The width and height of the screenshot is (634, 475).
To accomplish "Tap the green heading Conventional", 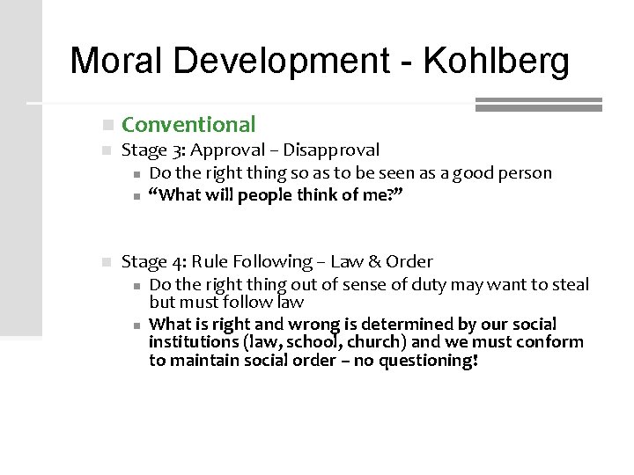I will pyautogui.click(x=188, y=125).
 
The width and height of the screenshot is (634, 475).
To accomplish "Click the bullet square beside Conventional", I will pyautogui.click(x=106, y=126).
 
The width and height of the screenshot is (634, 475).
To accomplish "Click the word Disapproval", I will pyautogui.click(x=332, y=150).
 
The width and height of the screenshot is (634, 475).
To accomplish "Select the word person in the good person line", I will pyautogui.click(x=525, y=173).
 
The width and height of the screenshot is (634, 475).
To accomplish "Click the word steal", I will pyautogui.click(x=571, y=284).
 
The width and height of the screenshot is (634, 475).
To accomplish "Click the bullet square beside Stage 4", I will pyautogui.click(x=106, y=262).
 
